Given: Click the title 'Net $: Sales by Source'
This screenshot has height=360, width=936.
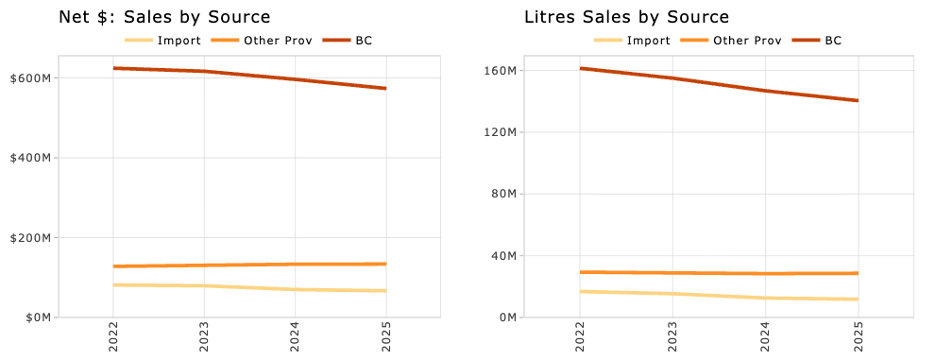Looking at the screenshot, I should click(164, 17).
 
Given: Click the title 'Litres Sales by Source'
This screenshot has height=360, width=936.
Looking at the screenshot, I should click(626, 17).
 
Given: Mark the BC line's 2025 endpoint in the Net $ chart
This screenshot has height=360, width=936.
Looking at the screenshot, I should click(385, 89).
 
